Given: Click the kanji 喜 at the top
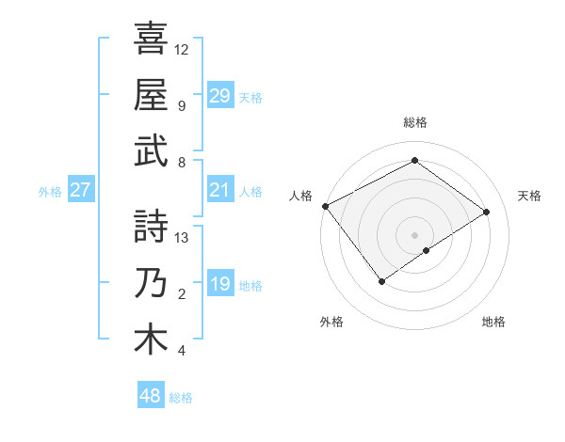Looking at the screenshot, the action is tap(151, 39).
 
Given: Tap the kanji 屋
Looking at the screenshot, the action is tap(151, 94).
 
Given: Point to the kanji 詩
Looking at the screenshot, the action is tap(151, 227).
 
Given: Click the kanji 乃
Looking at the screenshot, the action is tap(151, 283).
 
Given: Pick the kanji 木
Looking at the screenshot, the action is tap(151, 339).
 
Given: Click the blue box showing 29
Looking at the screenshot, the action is tap(219, 95).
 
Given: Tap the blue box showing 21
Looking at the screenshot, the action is tap(219, 190).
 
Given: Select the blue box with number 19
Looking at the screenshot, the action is tap(219, 284).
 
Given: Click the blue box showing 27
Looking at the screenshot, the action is tap(80, 190).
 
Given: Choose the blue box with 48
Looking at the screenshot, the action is tap(151, 396).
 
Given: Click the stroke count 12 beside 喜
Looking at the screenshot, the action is tap(182, 49).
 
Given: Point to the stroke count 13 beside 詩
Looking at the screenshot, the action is tap(182, 238).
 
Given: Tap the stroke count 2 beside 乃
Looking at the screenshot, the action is tap(182, 294).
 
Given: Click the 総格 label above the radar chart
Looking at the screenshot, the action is tap(414, 122).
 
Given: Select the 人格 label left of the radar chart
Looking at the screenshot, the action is tap(301, 196).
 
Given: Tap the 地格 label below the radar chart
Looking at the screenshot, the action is tap(493, 322).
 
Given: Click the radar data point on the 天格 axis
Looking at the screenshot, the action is tap(487, 212).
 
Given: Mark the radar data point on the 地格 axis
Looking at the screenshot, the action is tap(427, 250).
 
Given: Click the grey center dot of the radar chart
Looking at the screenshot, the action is tap(414, 233).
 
